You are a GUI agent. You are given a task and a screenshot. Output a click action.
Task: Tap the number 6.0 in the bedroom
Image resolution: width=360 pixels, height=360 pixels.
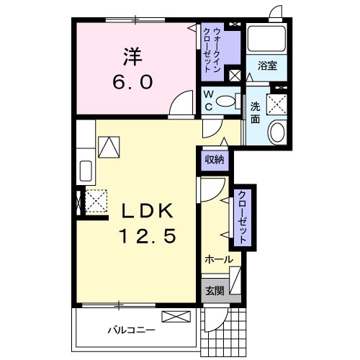point(132,83)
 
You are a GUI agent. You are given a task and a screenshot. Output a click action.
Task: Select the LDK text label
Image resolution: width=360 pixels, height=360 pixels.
point(147,211)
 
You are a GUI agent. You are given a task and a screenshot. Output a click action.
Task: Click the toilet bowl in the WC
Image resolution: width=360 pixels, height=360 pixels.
point(226,102)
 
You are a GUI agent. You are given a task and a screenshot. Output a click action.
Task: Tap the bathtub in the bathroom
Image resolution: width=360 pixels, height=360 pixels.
point(267,42)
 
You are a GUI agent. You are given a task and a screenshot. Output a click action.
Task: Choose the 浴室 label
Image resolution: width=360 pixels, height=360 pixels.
point(268,66)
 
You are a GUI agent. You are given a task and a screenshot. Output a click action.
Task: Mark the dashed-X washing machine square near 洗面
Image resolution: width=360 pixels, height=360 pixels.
point(276,104)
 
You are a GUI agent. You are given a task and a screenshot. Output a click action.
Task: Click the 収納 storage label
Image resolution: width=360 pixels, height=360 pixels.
point(214,160)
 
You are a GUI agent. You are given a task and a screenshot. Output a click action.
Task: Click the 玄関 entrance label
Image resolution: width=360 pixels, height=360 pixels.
point(214,291)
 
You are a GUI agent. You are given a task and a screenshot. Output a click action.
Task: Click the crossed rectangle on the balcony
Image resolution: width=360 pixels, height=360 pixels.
point(176,316)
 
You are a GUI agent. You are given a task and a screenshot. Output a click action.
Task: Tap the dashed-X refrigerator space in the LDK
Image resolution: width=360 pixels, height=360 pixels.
point(96,200)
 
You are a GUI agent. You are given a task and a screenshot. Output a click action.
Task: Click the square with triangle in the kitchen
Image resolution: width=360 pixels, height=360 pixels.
point(109,147)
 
